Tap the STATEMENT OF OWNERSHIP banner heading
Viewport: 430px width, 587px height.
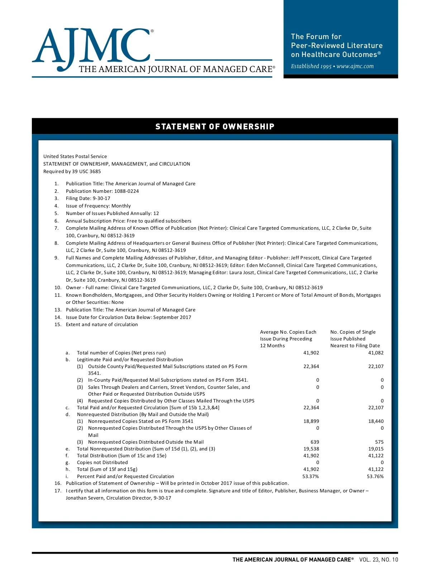(215, 127)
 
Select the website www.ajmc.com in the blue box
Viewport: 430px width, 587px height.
(355, 66)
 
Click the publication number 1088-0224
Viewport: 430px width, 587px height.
(126, 191)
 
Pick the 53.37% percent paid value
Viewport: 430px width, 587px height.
(311, 476)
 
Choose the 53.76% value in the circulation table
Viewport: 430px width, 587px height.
(375, 476)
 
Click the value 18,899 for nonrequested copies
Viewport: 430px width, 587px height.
(311, 421)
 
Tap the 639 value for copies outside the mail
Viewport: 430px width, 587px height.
(315, 442)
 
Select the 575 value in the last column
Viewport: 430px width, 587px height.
(379, 442)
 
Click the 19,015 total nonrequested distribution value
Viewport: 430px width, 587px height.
(376, 449)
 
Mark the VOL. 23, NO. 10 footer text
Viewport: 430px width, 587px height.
(378, 559)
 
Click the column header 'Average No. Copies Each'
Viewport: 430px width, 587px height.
(288, 332)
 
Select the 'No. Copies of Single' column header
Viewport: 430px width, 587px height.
(353, 332)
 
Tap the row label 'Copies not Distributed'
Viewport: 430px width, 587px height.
(102, 462)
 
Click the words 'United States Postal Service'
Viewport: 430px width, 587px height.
(75, 156)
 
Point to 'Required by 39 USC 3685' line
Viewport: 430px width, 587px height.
(72, 171)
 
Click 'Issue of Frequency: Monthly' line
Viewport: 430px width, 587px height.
(98, 206)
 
